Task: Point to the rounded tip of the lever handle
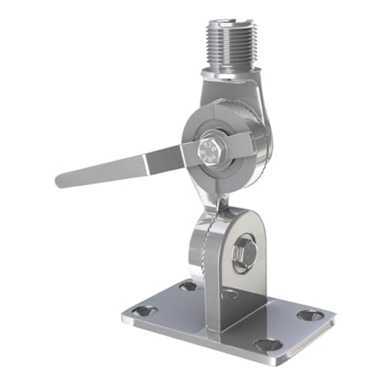[x=61, y=181]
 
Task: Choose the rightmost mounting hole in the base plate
[x=310, y=315]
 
